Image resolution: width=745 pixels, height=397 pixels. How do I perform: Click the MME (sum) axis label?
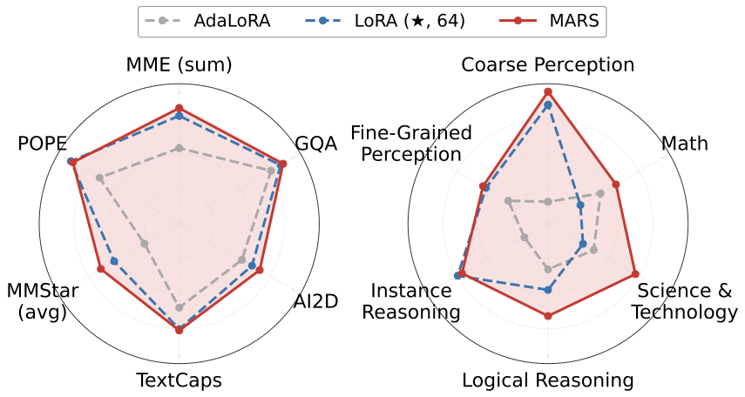(179, 65)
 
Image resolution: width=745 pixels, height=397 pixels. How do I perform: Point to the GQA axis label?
(315, 144)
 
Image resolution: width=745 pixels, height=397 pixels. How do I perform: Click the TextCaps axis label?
(179, 380)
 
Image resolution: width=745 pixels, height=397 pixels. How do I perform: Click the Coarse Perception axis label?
(547, 65)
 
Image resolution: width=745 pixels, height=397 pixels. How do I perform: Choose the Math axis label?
(684, 144)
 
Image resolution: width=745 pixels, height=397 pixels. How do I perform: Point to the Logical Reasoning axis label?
(547, 380)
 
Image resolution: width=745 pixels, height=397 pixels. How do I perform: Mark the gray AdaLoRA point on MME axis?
(179, 148)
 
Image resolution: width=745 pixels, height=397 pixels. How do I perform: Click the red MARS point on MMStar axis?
(100, 269)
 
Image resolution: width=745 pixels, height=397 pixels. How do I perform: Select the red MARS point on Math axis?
(615, 184)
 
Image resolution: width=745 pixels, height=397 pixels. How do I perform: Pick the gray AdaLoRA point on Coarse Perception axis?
(547, 202)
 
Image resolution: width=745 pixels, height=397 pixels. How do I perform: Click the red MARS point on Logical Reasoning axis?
(547, 315)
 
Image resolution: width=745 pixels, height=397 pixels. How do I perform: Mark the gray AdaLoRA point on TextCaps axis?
(179, 307)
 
